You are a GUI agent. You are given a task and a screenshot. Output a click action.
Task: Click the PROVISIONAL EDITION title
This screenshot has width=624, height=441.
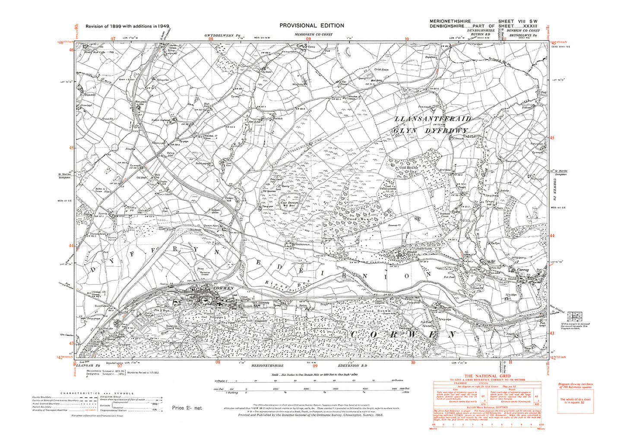(311, 26)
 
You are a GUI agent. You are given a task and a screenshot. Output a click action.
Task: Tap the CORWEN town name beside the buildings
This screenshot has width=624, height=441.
(223, 288)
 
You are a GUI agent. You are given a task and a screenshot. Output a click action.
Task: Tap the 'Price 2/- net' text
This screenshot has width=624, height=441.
(187, 408)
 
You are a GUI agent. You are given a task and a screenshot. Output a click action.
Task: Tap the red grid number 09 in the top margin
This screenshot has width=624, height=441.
(308, 38)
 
